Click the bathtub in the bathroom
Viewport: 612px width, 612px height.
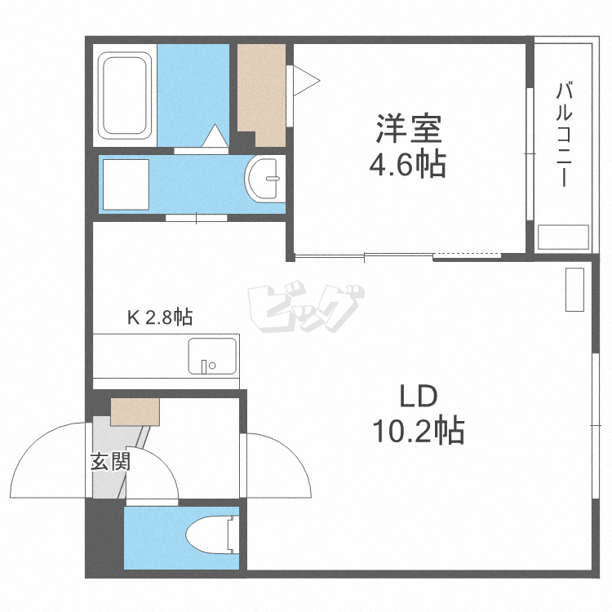point(125,96)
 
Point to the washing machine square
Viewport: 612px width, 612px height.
point(124,184)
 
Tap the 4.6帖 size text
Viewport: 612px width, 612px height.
point(408,166)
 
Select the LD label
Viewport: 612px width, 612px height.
point(419,397)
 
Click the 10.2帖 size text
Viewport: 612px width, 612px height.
point(419,429)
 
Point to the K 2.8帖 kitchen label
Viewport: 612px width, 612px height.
point(159,317)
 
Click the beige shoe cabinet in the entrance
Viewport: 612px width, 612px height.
point(135,411)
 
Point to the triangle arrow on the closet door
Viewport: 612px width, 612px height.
point(305,80)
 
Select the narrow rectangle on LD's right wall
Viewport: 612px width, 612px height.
point(574,289)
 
